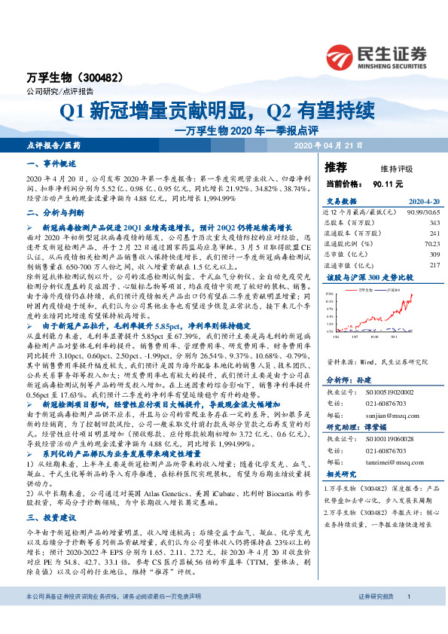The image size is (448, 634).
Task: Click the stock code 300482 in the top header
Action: click(x=111, y=78)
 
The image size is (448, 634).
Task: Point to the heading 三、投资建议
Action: click(x=51, y=517)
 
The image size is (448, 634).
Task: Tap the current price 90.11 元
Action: click(x=388, y=183)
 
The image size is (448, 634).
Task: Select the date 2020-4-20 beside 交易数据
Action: click(x=422, y=202)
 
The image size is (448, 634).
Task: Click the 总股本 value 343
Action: click(x=433, y=222)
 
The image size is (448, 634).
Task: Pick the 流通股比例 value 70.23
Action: click(x=430, y=242)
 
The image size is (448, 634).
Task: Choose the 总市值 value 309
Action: click(x=433, y=255)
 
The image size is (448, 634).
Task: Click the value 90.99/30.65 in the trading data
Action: click(x=422, y=212)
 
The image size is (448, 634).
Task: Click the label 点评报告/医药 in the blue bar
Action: click(x=52, y=144)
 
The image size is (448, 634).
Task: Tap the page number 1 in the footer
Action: click(x=407, y=617)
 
